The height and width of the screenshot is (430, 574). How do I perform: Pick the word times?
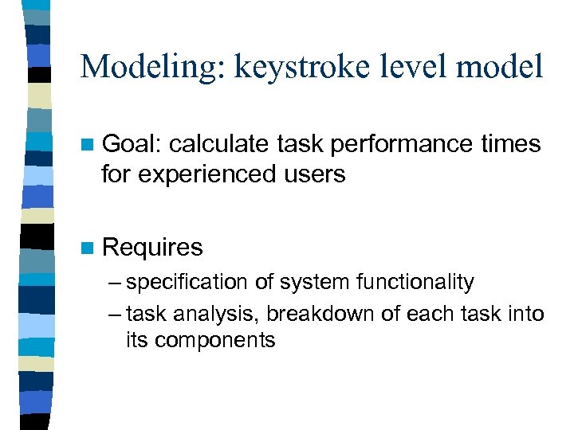click(x=511, y=145)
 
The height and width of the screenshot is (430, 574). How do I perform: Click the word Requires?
click(x=152, y=248)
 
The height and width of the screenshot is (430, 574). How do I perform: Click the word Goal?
click(x=132, y=145)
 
